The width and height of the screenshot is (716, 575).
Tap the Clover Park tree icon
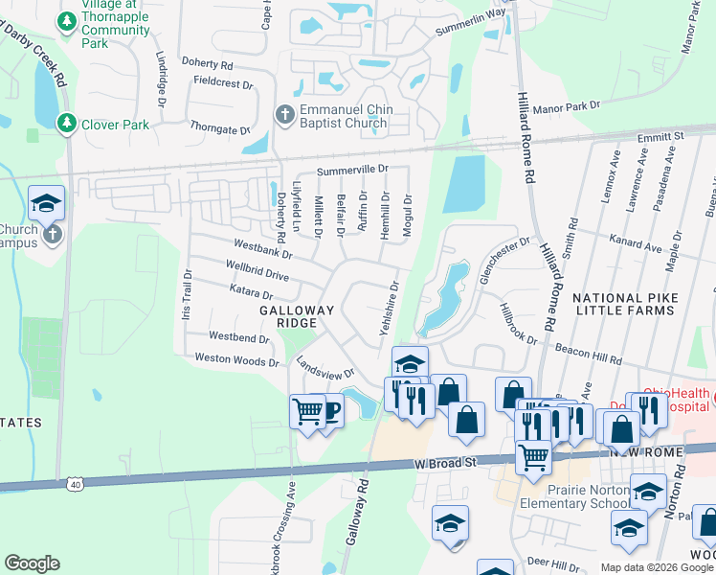(66, 124)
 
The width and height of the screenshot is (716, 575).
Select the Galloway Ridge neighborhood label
(297, 316)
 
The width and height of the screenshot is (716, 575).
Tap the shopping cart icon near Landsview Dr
(307, 411)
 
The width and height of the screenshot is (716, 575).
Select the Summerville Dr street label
(352, 170)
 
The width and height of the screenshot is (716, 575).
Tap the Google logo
(32, 563)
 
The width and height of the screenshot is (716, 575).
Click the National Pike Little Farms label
(626, 306)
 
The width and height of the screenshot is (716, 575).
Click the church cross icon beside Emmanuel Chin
(283, 115)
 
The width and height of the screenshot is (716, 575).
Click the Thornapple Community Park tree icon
(66, 20)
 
